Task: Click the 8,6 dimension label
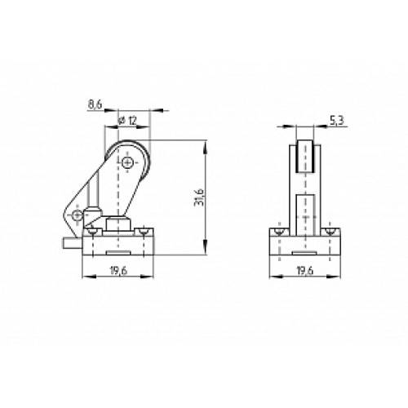94,105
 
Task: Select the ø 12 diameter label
126,121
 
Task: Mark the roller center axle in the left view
129,161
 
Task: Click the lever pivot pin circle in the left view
76,215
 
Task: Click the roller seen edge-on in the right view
304,159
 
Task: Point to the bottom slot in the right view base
304,251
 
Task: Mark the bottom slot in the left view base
119,251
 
